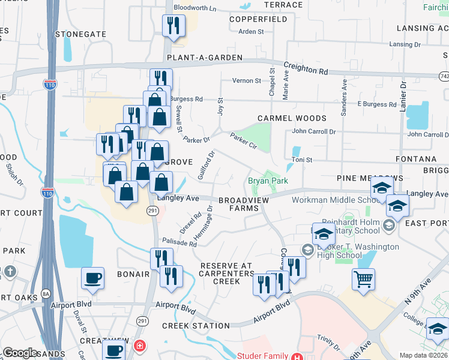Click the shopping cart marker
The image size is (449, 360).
click(364, 279)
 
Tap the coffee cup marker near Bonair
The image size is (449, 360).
click(92, 278)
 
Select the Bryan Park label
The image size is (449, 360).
click(268, 181)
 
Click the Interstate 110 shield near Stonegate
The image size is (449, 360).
click(50, 85)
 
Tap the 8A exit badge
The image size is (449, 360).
click(46, 295)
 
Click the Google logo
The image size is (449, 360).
click(20, 353)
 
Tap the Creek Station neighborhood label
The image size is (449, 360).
click(196, 326)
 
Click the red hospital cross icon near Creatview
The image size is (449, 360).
click(140, 346)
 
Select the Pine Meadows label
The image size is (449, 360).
click(364, 178)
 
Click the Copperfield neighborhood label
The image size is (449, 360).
click(258, 19)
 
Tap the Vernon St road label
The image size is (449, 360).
click(247, 80)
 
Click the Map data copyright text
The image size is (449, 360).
click(424, 355)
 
